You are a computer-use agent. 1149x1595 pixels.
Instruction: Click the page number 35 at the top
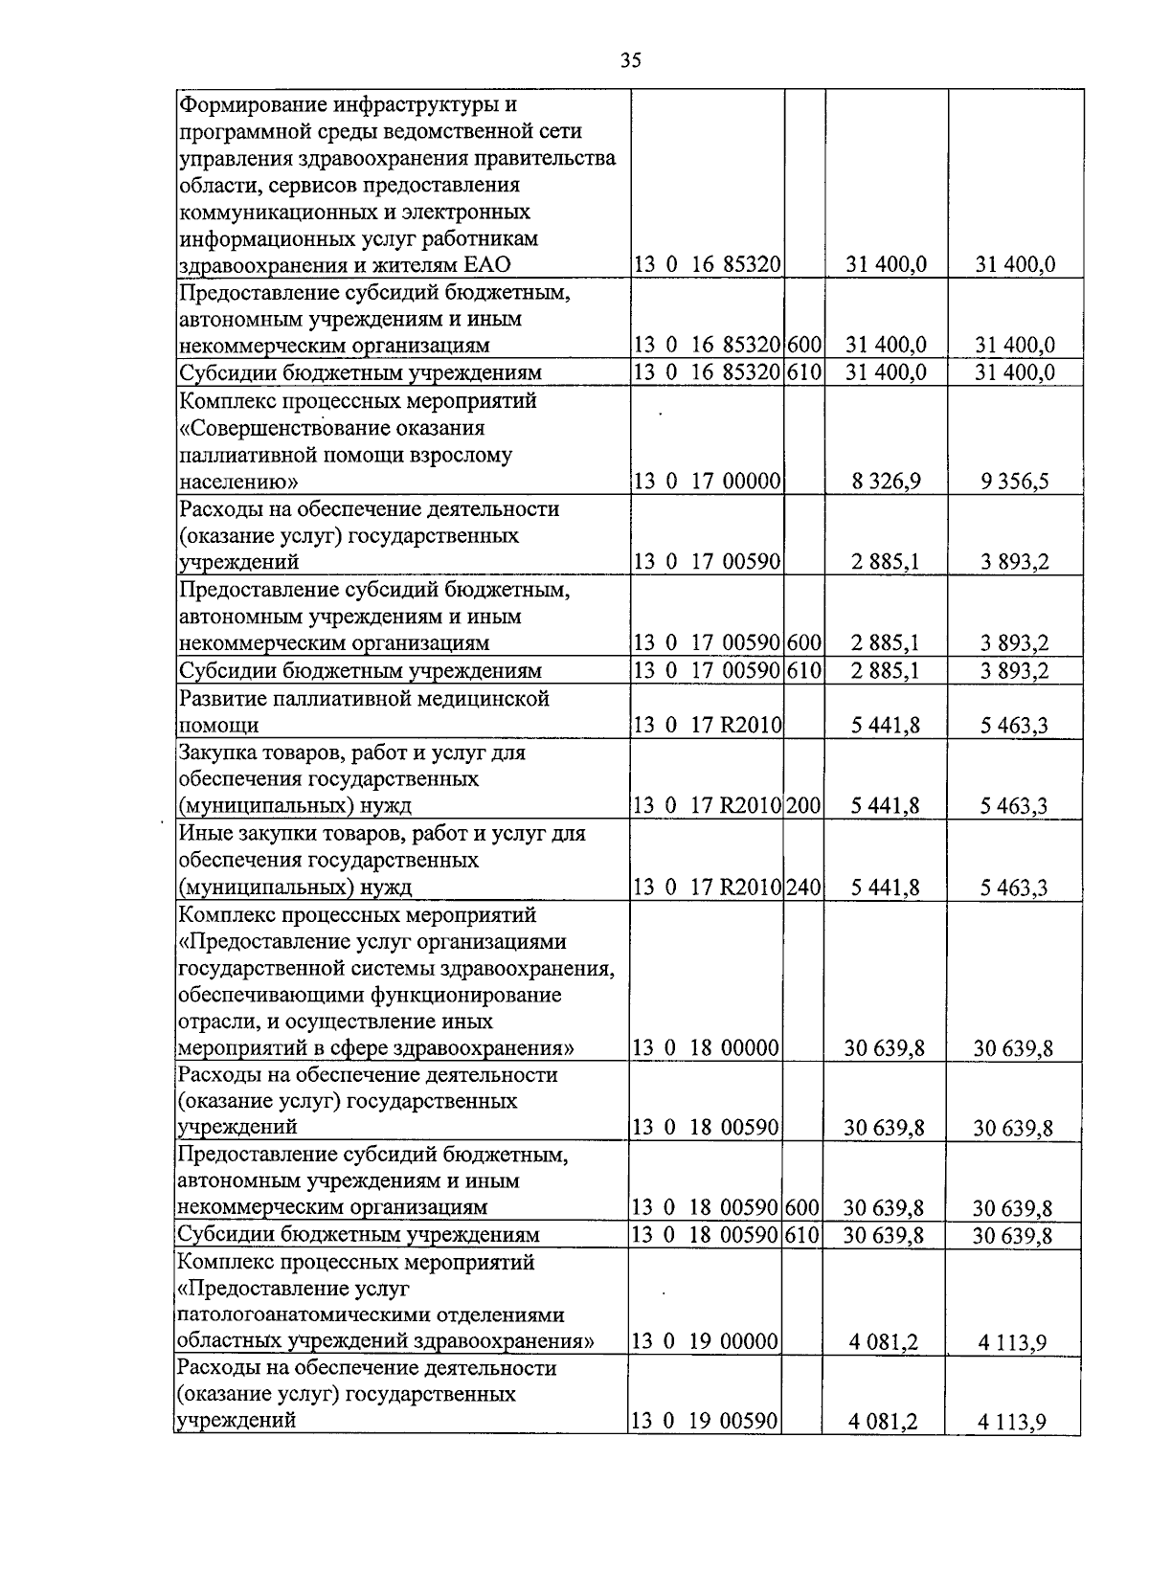pyautogui.click(x=630, y=61)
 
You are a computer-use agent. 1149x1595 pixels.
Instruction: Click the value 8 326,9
pyautogui.click(x=886, y=481)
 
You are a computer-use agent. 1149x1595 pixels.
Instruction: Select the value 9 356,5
pyautogui.click(x=1014, y=481)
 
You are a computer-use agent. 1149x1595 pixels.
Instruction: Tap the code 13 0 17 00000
pyautogui.click(x=707, y=481)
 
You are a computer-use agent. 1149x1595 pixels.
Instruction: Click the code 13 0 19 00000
pyautogui.click(x=705, y=1341)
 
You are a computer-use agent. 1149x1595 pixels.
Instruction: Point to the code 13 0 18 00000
pyautogui.click(x=706, y=1048)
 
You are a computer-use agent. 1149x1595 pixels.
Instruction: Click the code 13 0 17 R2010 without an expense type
pyautogui.click(x=707, y=726)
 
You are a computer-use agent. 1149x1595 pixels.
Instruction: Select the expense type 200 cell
pyautogui.click(x=803, y=806)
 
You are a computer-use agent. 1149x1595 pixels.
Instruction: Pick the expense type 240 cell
pyautogui.click(x=803, y=887)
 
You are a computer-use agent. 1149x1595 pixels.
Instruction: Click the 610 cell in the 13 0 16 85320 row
pyautogui.click(x=804, y=372)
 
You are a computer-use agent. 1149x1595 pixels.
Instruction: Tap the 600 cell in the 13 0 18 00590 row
pyautogui.click(x=801, y=1208)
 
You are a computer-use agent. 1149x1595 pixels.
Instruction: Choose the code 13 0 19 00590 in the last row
pyautogui.click(x=705, y=1422)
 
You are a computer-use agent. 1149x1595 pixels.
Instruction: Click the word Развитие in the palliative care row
pyautogui.click(x=221, y=699)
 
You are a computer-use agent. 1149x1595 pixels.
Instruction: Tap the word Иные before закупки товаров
pyautogui.click(x=206, y=834)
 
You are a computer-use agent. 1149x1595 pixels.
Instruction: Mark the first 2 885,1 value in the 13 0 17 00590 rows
pyautogui.click(x=885, y=562)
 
